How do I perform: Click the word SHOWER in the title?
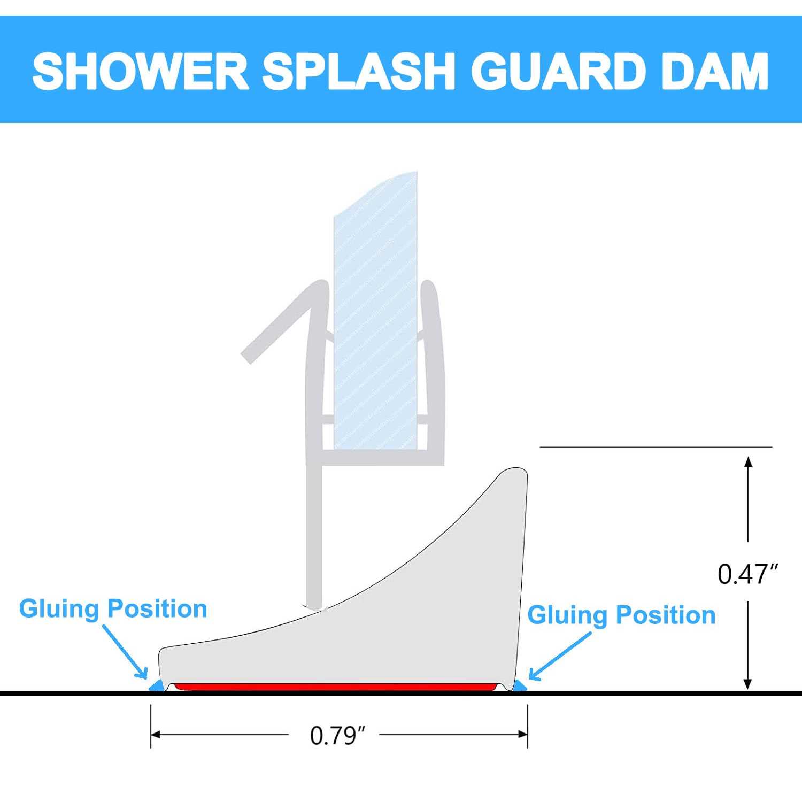tap(140, 71)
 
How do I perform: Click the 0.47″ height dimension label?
tap(747, 574)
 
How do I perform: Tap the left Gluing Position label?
tap(113, 609)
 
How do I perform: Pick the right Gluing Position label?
tap(621, 615)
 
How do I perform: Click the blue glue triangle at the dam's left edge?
tap(157, 685)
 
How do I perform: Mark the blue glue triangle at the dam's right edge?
tap(519, 685)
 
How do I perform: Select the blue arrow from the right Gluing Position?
tap(559, 657)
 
